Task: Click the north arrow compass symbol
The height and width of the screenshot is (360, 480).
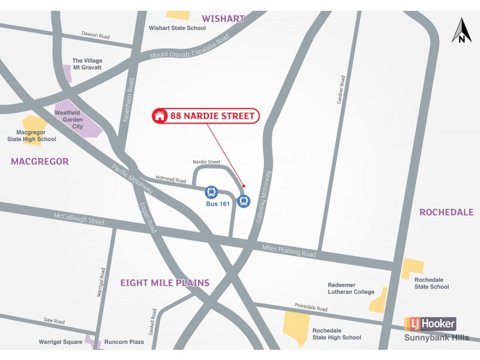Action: [461, 31]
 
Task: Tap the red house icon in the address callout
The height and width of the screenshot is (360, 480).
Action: [160, 116]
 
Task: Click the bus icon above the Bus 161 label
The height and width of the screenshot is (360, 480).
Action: [211, 192]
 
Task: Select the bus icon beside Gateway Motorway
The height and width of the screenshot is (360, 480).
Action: [244, 201]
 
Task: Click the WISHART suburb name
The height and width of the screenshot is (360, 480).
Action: [223, 19]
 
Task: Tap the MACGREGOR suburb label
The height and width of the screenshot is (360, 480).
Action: [40, 161]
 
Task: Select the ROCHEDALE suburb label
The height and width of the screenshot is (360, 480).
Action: [446, 212]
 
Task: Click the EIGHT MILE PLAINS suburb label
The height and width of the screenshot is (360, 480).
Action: [164, 283]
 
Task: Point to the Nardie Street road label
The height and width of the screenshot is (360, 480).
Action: [206, 162]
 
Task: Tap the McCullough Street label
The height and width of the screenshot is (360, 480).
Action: [79, 219]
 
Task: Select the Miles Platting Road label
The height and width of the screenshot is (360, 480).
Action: [289, 251]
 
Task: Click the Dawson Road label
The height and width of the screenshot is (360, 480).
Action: [96, 35]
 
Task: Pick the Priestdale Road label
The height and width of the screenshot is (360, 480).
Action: [311, 307]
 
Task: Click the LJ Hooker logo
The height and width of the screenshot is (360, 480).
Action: [430, 325]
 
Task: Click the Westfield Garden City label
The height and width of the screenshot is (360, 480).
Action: [69, 119]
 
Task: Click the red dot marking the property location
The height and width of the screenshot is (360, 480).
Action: [244, 186]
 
